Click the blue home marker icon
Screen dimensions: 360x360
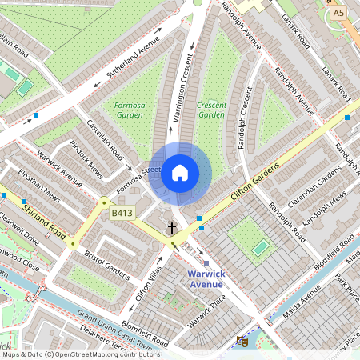point(180,172)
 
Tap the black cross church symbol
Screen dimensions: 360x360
point(171,229)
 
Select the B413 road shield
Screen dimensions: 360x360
point(122,214)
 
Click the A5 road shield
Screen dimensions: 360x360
point(339,13)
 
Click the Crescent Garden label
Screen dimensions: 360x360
point(211,110)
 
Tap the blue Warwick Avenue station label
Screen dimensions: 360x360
point(206,278)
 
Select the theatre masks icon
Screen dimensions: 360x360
point(242,342)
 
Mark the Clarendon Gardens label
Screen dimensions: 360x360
point(308,191)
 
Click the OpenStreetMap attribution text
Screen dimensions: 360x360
point(80,354)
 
